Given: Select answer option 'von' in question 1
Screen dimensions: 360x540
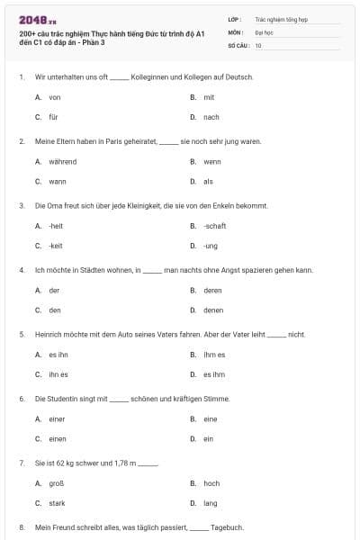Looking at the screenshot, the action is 55,97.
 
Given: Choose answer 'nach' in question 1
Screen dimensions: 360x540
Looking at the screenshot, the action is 211,117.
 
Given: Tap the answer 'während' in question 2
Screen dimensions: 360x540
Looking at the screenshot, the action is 62,161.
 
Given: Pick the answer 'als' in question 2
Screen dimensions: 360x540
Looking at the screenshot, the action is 208,181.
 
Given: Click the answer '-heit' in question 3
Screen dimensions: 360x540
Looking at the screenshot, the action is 56,226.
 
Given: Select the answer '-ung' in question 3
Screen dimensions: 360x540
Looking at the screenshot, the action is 211,246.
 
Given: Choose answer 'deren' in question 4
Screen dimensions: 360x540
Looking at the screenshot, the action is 212,290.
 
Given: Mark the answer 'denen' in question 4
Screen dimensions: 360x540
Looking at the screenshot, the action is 213,310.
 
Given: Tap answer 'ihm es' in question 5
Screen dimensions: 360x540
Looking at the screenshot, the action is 214,355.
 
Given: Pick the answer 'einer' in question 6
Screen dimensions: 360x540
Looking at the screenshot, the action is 58,418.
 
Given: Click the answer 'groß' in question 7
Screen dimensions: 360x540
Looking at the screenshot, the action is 57,483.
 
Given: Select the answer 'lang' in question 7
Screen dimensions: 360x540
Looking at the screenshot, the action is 211,503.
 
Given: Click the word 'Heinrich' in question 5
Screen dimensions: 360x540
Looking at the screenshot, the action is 48,335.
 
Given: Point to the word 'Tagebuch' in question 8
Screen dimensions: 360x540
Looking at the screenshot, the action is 227,527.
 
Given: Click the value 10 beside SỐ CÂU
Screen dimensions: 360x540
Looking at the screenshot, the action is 258,45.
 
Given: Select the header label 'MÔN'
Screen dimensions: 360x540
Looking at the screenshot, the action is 235,31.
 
